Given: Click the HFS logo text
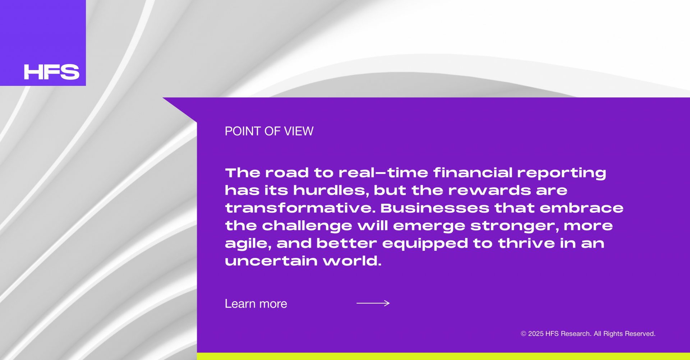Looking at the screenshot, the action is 52,72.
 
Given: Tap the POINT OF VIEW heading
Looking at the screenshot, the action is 269,131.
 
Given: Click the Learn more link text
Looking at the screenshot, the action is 256,304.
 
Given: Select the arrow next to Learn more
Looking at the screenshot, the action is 373,303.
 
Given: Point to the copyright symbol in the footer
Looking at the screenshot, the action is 523,334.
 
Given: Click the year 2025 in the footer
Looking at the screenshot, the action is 535,334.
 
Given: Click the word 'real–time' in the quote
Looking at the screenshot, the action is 383,173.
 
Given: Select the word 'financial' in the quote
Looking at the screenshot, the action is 473,173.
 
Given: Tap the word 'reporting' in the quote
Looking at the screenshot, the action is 562,174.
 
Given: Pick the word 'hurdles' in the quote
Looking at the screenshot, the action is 331,191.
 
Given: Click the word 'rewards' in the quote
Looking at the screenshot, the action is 490,190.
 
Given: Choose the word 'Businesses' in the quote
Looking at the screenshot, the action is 435,208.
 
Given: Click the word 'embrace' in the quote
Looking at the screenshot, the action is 581,208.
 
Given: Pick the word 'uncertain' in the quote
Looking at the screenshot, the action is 271,261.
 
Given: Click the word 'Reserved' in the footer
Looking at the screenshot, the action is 640,334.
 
